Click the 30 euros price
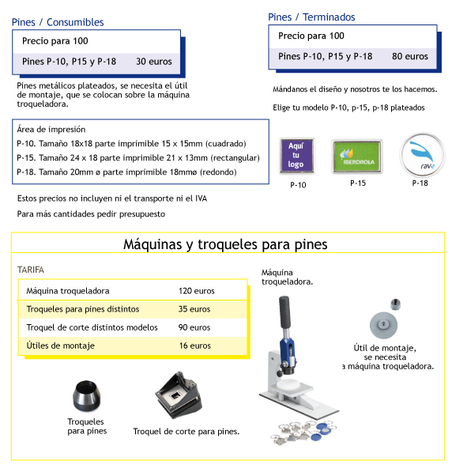(x=154, y=62)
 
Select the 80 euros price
(x=410, y=56)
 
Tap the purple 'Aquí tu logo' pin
(x=296, y=156)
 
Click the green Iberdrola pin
(x=357, y=157)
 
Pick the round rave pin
(x=423, y=155)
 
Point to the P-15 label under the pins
(x=358, y=183)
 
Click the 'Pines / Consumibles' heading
(x=58, y=22)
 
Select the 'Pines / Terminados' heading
(x=311, y=17)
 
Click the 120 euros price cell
(x=197, y=291)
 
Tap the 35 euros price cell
(x=194, y=309)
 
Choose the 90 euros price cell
(x=194, y=327)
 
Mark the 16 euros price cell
(x=195, y=346)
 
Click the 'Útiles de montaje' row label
(x=60, y=346)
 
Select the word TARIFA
(x=31, y=270)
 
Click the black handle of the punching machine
(x=284, y=312)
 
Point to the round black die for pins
(x=86, y=396)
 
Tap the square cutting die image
(x=179, y=395)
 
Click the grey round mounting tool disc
(x=383, y=325)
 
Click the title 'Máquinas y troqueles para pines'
(x=225, y=244)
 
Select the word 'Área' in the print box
(x=25, y=130)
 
